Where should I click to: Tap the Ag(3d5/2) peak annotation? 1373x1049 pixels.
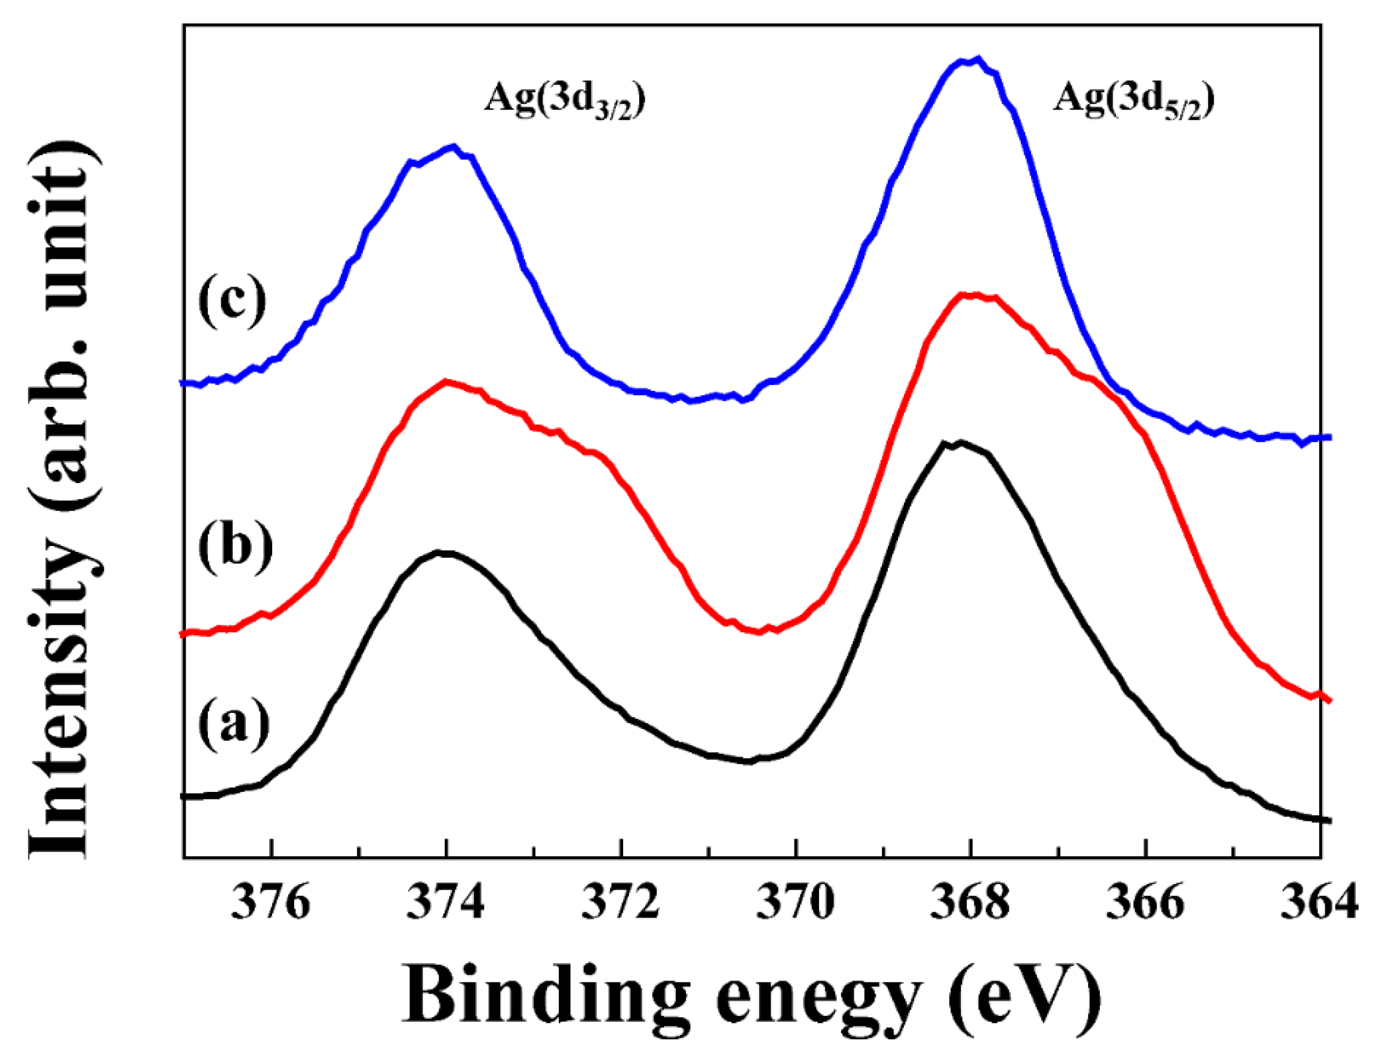tap(1133, 100)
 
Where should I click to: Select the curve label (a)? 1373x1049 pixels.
tap(233, 724)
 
